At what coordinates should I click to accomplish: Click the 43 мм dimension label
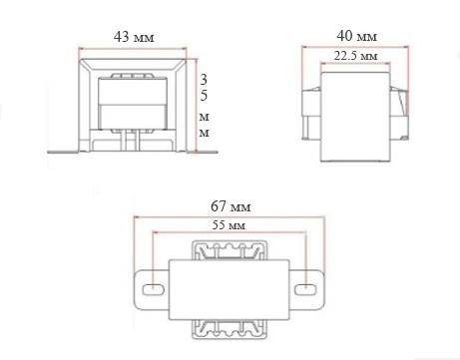point(134,37)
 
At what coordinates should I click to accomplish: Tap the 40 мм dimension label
point(356,36)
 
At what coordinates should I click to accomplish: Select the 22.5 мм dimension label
point(355,56)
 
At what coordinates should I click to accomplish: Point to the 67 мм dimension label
point(230,206)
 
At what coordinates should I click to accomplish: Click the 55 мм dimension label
point(229,225)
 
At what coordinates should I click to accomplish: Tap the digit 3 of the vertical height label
point(204,80)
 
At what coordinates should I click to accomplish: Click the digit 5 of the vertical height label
point(204,96)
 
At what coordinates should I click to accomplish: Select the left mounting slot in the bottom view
point(153,289)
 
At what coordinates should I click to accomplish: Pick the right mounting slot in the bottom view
point(305,289)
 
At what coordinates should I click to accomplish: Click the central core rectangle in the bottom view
point(229,289)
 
